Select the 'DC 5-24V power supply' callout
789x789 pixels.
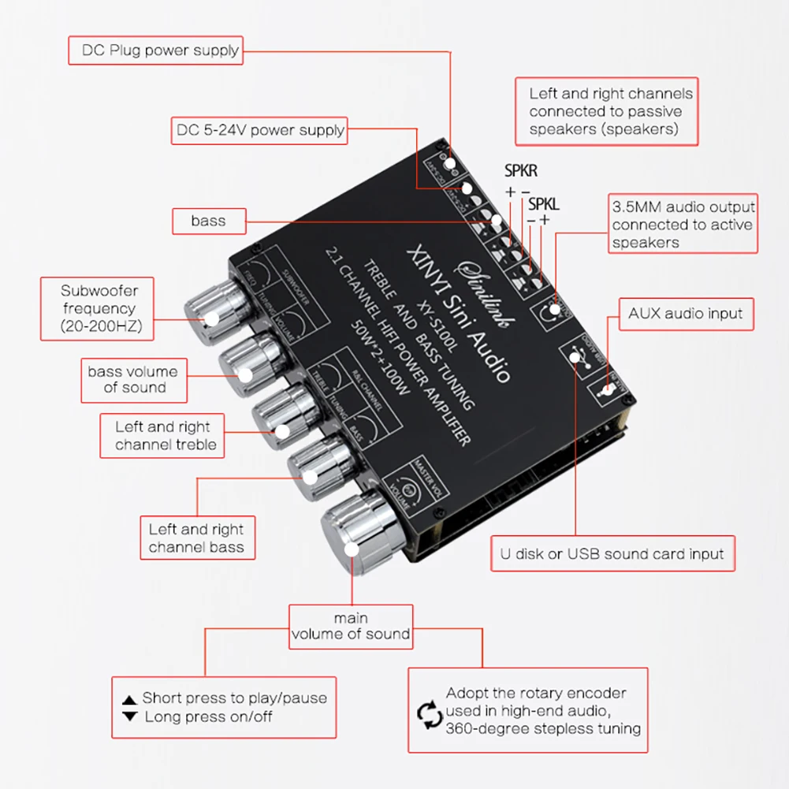tap(259, 130)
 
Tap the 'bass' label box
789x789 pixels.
tap(208, 221)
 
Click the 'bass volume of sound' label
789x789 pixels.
tap(133, 379)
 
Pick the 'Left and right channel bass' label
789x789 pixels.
tap(196, 538)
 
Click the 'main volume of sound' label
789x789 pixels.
tap(351, 626)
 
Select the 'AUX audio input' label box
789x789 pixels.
tap(685, 314)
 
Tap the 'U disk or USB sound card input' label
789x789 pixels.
tap(612, 553)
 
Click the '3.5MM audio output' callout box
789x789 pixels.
tap(683, 224)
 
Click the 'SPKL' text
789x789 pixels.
tap(543, 203)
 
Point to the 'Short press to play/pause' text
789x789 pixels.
tap(234, 698)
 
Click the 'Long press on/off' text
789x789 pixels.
tap(208, 716)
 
